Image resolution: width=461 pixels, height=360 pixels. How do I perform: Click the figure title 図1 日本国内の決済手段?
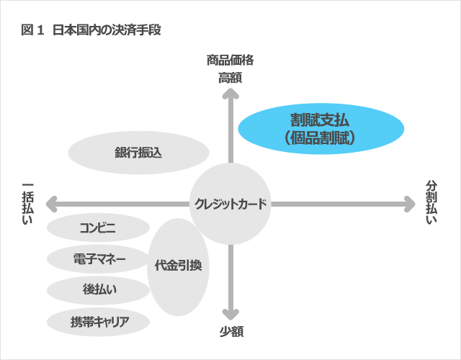[91, 30]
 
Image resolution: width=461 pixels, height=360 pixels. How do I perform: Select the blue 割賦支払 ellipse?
[321, 128]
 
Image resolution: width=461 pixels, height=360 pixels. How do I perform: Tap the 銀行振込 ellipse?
[138, 153]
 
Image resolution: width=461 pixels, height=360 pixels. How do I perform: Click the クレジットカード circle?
[230, 204]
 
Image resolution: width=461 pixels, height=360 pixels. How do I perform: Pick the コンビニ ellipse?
[98, 228]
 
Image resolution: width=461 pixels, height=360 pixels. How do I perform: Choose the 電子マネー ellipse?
[98, 259]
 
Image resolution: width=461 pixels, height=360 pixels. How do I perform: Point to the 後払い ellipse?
[98, 290]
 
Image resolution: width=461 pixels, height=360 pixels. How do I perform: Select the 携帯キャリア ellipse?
[98, 322]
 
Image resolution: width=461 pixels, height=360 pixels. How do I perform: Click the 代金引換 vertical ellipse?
[178, 267]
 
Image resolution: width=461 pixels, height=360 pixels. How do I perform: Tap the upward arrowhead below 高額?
[230, 94]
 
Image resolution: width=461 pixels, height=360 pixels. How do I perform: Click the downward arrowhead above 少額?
[230, 315]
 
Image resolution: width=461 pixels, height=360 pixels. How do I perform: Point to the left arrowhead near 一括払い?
[51, 204]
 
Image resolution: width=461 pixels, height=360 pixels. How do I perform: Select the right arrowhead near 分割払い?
[410, 204]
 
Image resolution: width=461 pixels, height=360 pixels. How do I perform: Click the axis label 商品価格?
[230, 60]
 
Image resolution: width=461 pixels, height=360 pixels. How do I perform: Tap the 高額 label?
[230, 78]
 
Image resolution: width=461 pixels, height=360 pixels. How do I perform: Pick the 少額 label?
[231, 332]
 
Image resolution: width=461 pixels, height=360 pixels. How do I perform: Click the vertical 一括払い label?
[27, 204]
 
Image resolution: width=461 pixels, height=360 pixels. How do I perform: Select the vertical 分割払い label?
[431, 203]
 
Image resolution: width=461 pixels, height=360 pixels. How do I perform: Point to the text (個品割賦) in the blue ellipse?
[320, 138]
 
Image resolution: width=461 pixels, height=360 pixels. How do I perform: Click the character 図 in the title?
[27, 30]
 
